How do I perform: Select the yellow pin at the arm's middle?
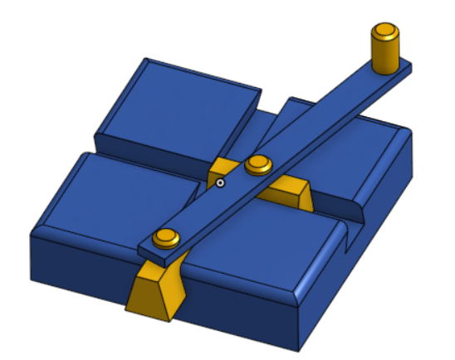(x=259, y=164)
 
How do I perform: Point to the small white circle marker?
(x=220, y=183)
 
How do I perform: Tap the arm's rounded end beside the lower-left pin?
(x=147, y=246)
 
